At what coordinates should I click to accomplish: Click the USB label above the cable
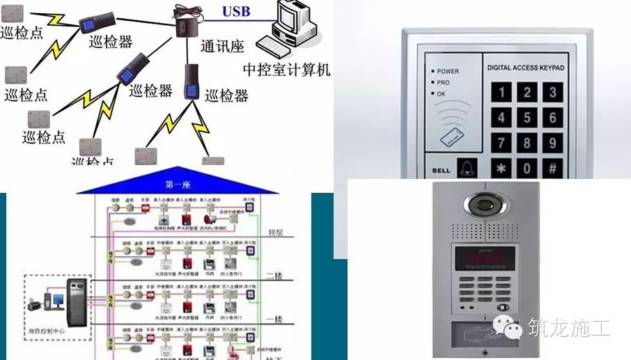[x=235, y=12]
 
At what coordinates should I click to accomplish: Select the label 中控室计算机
[x=286, y=70]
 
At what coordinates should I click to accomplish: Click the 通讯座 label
[x=222, y=47]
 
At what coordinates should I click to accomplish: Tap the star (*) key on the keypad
[x=501, y=168]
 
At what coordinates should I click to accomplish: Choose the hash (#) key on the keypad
[x=552, y=168]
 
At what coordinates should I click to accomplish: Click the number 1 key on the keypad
[x=501, y=91]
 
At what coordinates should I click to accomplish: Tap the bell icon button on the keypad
[x=465, y=168]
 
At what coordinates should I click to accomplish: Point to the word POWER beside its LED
[x=448, y=71]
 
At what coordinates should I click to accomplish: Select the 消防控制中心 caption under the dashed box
[x=49, y=331]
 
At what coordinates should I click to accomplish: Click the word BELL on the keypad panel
[x=440, y=169]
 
